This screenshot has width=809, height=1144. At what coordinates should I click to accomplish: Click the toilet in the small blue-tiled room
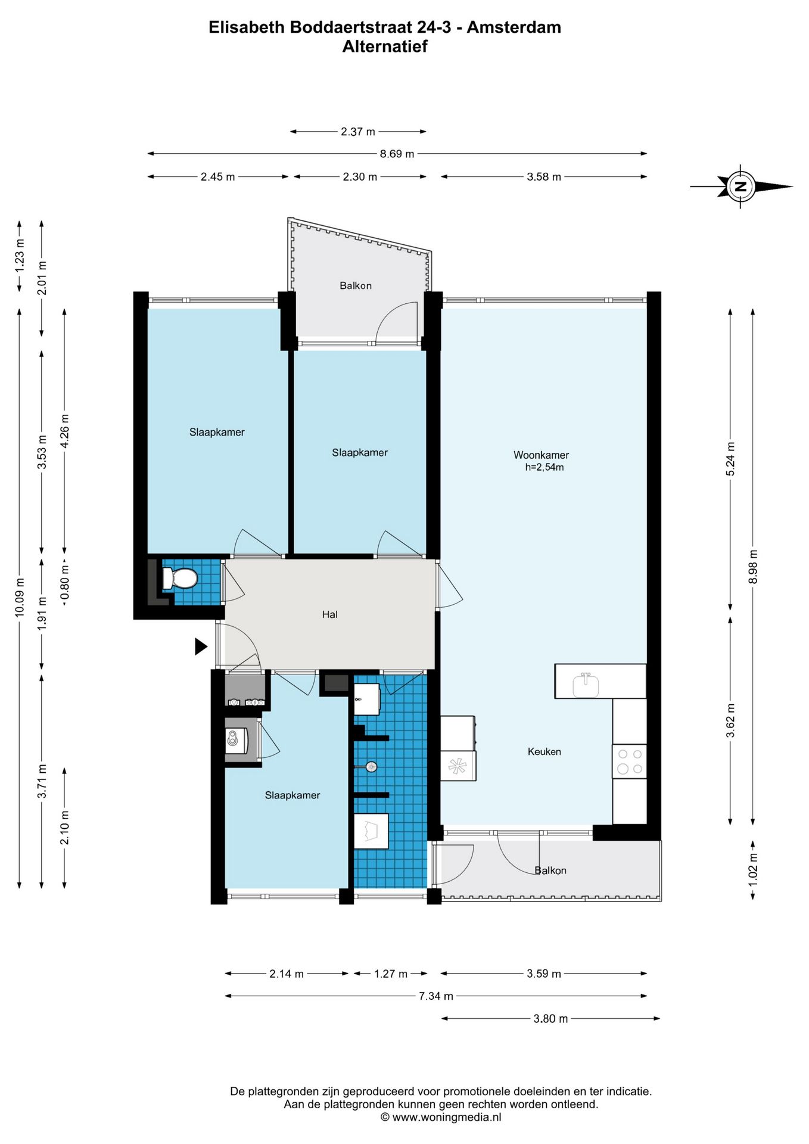click(180, 578)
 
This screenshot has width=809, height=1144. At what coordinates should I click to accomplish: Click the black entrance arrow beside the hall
click(201, 646)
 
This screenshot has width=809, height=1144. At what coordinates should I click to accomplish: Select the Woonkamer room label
click(541, 455)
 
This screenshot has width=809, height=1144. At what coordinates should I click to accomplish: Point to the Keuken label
click(544, 752)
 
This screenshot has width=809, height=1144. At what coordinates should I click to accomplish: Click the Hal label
click(329, 614)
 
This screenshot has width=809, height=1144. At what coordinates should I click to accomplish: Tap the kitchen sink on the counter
click(586, 685)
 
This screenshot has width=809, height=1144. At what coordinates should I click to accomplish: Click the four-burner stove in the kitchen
click(630, 761)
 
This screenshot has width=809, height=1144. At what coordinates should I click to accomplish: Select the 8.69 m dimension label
click(397, 154)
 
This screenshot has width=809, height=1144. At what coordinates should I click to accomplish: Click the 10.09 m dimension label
click(20, 598)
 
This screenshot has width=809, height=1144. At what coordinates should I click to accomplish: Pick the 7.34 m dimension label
click(435, 996)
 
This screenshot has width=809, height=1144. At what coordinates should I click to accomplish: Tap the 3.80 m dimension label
click(550, 1018)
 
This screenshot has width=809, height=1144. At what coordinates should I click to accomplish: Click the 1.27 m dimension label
click(391, 974)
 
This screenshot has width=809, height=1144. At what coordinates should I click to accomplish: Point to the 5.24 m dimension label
click(730, 459)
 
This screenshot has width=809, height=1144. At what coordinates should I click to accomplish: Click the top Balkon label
click(356, 286)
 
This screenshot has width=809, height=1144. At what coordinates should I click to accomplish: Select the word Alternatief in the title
click(385, 46)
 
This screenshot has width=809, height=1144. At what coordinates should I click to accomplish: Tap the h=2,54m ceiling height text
click(544, 468)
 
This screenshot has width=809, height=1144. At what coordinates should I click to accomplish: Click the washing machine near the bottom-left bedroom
click(237, 741)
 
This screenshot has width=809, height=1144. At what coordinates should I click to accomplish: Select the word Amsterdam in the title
click(514, 27)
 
